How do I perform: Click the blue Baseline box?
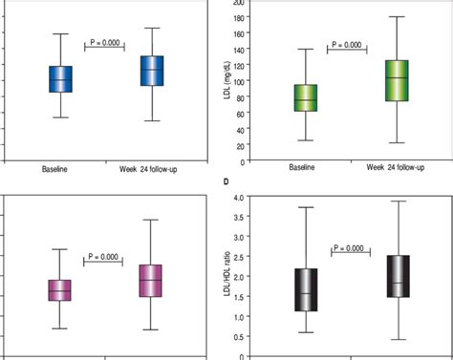point(60,79)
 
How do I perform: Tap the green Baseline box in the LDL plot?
point(306,98)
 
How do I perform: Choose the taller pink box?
point(150,281)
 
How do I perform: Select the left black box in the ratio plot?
point(307,289)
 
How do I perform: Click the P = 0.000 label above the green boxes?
point(346,45)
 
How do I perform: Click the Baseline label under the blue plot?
point(59,169)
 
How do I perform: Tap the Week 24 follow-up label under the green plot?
point(396,169)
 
